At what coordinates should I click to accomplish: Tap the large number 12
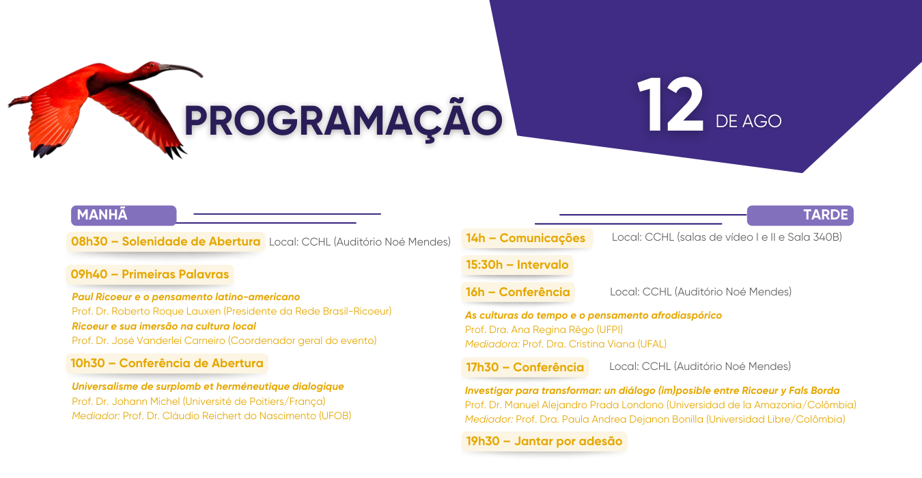coord(670,105)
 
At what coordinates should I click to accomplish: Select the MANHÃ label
coord(102,215)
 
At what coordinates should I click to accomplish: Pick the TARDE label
coord(826,215)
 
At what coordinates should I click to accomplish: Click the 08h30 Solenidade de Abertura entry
coord(165,241)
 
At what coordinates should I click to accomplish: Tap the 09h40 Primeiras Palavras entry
coord(150,274)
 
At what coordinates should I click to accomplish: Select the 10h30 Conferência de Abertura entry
coord(167,363)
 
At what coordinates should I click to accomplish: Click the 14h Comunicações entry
coord(526,238)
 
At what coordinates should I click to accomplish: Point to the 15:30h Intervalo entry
coord(517,265)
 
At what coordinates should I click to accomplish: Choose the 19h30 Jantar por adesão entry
coord(544,441)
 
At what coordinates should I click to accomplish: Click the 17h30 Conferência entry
coord(525,367)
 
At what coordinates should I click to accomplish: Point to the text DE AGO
coord(749,121)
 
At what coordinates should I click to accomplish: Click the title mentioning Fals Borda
coord(652,390)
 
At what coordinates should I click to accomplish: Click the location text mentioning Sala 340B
coord(727,237)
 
